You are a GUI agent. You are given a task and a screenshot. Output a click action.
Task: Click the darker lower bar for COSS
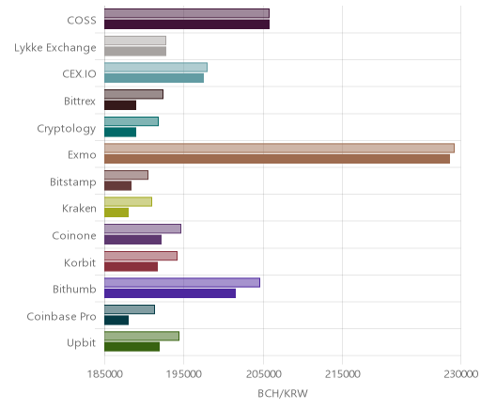187,24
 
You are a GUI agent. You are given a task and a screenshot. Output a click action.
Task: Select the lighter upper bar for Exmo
279,149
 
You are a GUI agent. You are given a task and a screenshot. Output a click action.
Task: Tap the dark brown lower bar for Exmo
277,159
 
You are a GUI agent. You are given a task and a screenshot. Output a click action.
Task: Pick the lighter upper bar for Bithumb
182,282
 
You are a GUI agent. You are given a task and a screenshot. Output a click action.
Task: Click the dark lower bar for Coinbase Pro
116,320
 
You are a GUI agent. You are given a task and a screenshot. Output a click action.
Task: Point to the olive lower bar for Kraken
116,213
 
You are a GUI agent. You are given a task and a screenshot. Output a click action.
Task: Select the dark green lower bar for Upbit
132,347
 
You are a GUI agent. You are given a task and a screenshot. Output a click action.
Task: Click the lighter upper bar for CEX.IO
156,68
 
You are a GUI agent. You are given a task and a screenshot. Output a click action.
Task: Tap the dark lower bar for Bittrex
120,105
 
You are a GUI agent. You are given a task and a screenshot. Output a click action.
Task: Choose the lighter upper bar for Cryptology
132,121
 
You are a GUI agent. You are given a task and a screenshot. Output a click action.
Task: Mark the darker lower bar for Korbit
132,266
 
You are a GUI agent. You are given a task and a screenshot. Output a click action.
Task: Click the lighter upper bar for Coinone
143,229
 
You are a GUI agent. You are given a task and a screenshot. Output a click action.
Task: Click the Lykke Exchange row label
55,48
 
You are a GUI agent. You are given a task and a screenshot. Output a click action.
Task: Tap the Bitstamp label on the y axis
73,182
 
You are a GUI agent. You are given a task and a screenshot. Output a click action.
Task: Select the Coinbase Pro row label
61,316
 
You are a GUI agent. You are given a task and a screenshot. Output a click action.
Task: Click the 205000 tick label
263,374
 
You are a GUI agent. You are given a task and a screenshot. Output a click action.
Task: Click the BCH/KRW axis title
283,393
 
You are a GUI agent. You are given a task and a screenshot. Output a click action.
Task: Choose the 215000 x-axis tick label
342,374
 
